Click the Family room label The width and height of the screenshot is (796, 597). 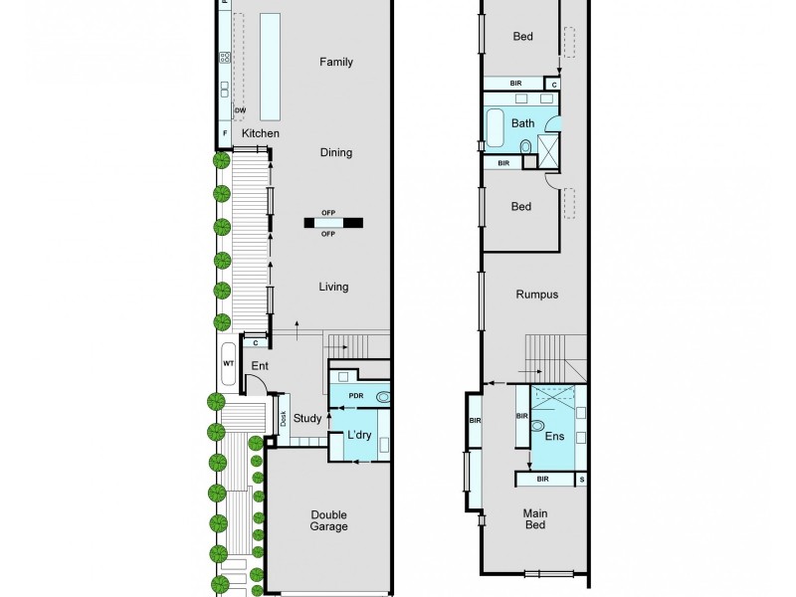[x=335, y=62]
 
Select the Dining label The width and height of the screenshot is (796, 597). [x=335, y=152]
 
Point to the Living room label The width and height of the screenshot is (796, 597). [x=333, y=288]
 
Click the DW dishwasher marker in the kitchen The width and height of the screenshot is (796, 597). [x=240, y=110]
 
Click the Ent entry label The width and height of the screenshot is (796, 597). [x=259, y=366]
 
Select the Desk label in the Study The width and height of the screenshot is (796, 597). [x=283, y=419]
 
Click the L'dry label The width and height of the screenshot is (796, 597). [x=358, y=436]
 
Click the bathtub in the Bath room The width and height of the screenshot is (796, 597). [x=495, y=126]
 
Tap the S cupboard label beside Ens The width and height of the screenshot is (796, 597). [x=582, y=480]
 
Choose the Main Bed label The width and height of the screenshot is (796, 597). [x=535, y=520]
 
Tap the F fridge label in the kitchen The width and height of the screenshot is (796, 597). [x=226, y=133]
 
